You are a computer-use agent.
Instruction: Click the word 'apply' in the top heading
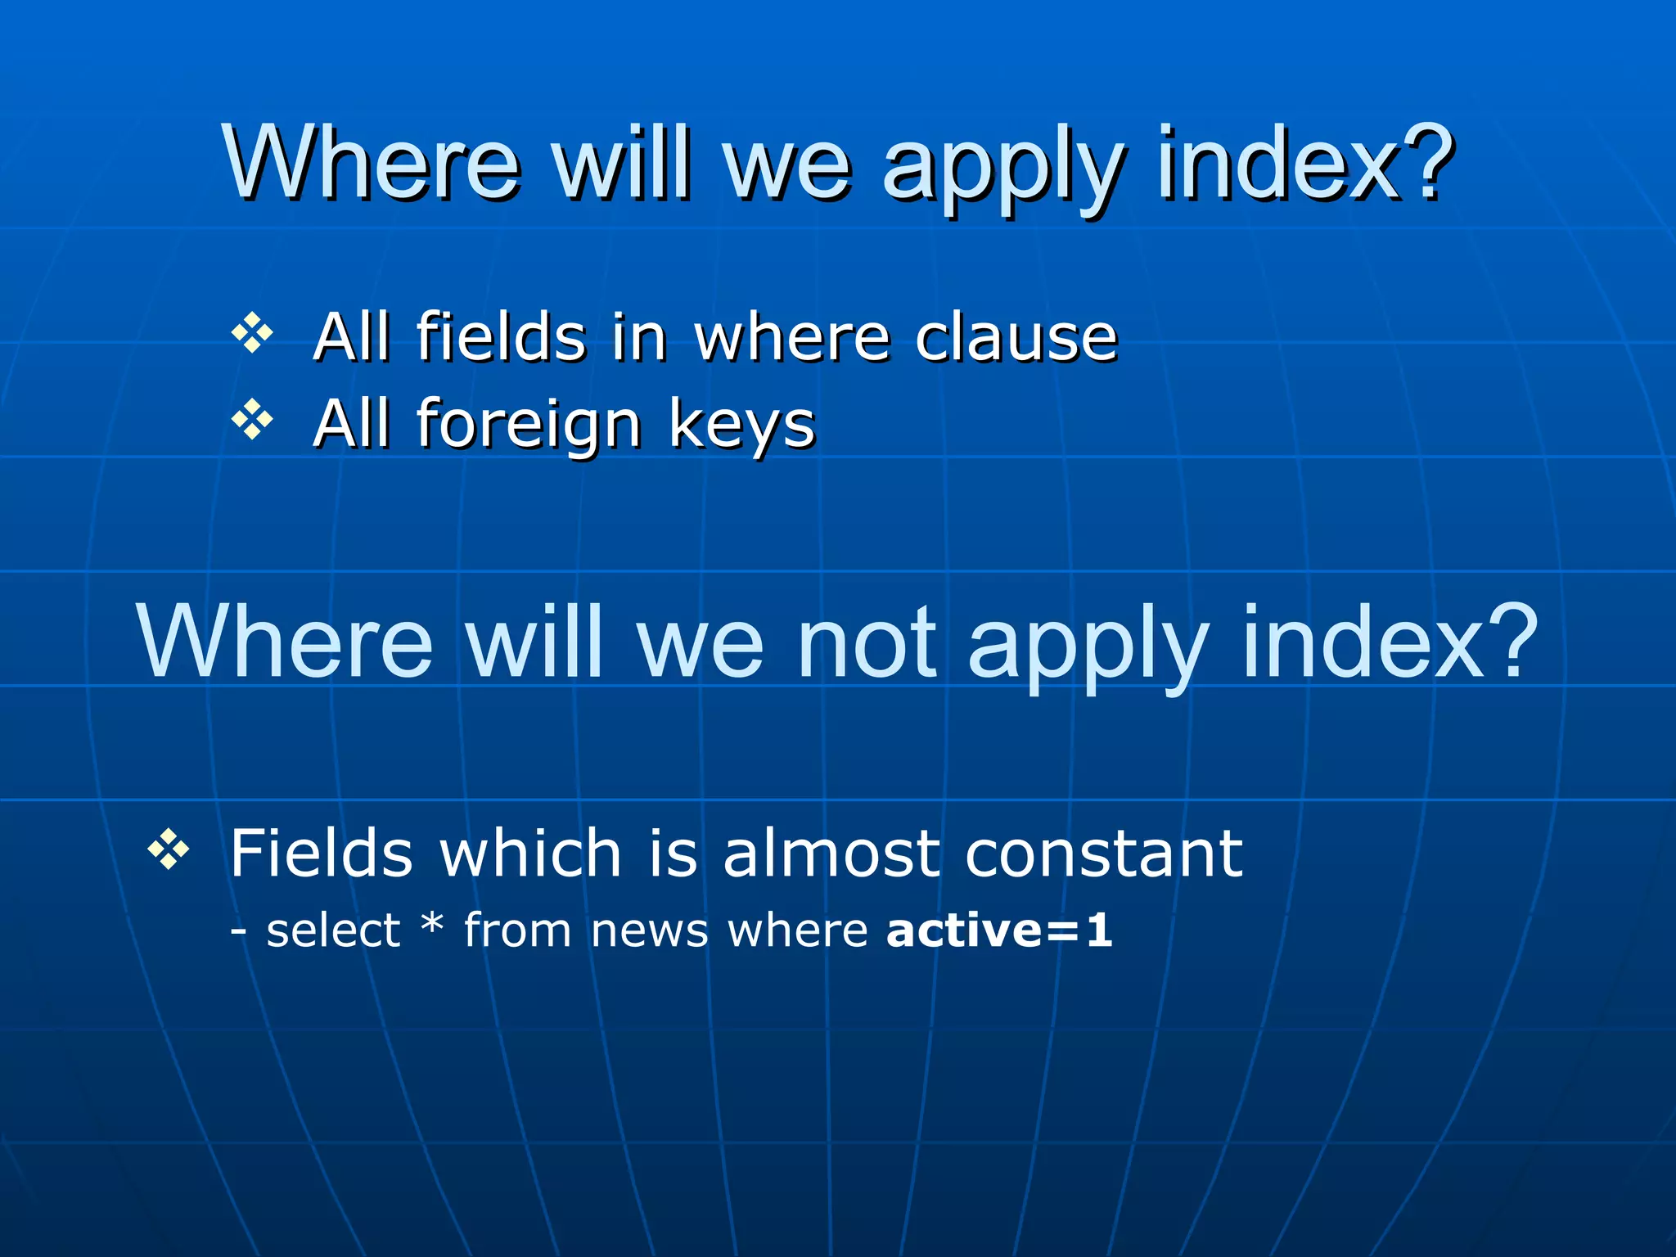[x=1002, y=168]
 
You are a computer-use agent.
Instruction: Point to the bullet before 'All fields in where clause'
[x=252, y=333]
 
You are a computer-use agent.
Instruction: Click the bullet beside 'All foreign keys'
[x=252, y=420]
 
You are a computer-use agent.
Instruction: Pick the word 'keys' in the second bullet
[x=741, y=426]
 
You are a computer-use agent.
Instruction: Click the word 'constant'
[x=1104, y=854]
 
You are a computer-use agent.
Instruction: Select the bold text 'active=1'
[x=999, y=930]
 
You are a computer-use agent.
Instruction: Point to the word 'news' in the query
[x=649, y=932]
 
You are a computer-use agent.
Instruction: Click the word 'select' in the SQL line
[x=333, y=930]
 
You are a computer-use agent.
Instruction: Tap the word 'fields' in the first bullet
[x=501, y=337]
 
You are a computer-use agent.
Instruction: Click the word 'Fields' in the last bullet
[x=321, y=854]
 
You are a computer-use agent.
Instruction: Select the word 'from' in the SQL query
[x=517, y=930]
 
